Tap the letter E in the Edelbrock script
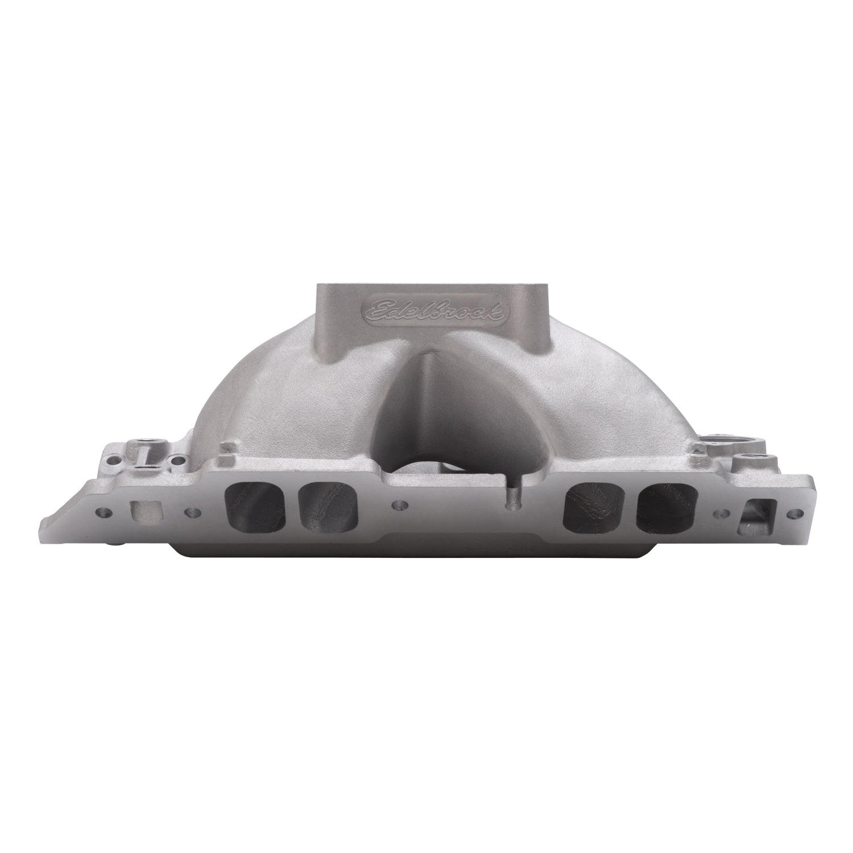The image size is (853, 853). tap(375, 309)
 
